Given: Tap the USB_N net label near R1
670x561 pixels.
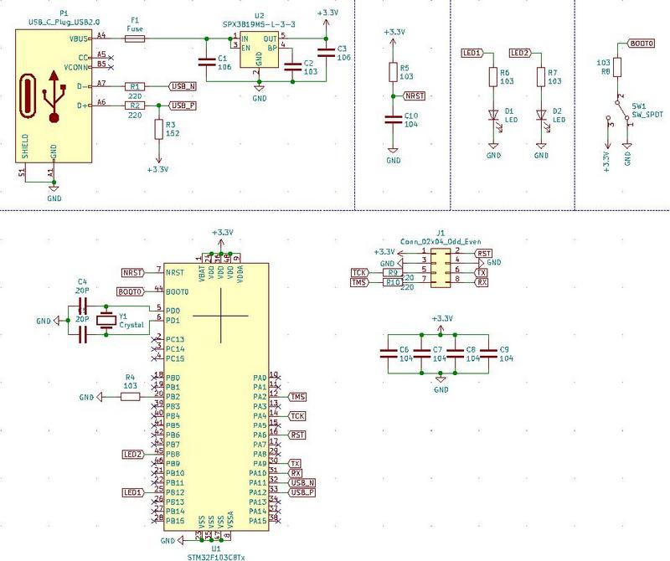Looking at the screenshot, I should (183, 86).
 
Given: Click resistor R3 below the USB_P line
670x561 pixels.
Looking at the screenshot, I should (158, 129).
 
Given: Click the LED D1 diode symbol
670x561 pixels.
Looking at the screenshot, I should (493, 116).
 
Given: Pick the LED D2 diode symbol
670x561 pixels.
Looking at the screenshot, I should (541, 116).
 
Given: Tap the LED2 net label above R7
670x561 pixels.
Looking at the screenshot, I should (519, 53).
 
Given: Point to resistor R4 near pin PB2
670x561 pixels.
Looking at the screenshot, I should (130, 397).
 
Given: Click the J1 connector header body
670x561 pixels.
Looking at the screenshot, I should (441, 267).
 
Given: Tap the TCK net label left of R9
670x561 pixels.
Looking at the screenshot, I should (358, 273).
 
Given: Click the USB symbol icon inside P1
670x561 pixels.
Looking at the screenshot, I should (54, 95).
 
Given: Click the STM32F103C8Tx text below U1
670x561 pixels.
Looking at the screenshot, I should (216, 555).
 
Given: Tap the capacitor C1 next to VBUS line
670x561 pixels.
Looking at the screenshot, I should (204, 63).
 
